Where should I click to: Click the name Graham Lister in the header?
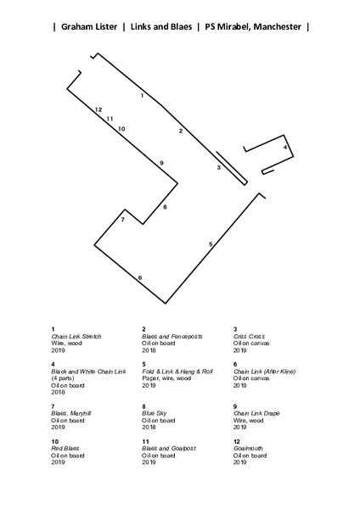(89, 26)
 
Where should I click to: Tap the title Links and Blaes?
(161, 26)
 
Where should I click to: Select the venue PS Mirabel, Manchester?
(253, 26)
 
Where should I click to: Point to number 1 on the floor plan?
(142, 95)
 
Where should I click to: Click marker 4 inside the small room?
(285, 147)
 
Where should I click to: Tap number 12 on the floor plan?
(98, 109)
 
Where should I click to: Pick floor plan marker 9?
(161, 163)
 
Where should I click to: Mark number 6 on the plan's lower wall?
(140, 277)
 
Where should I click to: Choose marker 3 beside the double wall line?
(219, 167)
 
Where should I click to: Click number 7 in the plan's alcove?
(123, 220)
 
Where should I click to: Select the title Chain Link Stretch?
(76, 336)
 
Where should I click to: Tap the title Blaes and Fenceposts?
(172, 336)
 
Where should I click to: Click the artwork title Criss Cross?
(250, 336)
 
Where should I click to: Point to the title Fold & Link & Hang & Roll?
(177, 372)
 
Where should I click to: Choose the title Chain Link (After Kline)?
(264, 372)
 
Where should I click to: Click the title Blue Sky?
(155, 413)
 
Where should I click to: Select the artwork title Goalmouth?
(248, 448)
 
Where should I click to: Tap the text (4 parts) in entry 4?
(63, 378)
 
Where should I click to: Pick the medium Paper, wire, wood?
(166, 378)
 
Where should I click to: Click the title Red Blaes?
(65, 448)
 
